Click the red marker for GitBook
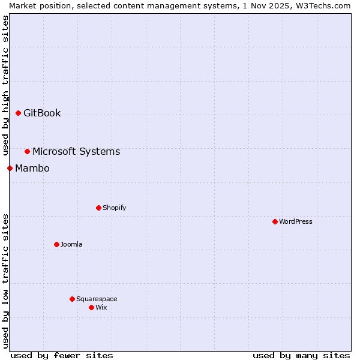(x=18, y=113)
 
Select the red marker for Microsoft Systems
(x=27, y=151)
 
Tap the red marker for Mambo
(x=10, y=168)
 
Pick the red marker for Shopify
(x=98, y=208)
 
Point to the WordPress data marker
(x=275, y=221)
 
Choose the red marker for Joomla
(x=56, y=244)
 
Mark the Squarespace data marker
(x=72, y=299)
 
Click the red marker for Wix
(x=91, y=307)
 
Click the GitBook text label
(x=42, y=113)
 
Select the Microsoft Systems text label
(x=76, y=152)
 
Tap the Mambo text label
(x=32, y=169)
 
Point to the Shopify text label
(x=114, y=208)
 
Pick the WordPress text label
(x=296, y=222)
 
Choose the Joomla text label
(x=71, y=245)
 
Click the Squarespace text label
(x=97, y=299)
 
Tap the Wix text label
(x=101, y=308)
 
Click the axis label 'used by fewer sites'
(x=62, y=355)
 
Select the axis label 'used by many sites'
(x=301, y=355)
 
